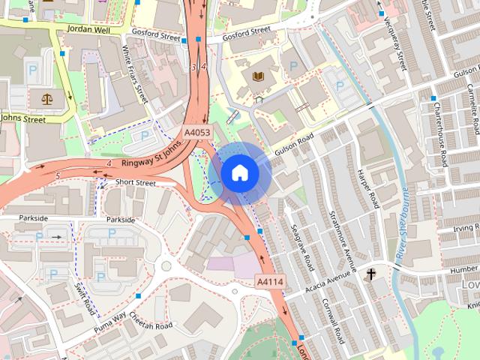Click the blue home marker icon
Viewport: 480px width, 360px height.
pos(239,172)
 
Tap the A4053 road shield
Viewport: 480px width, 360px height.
pos(199,133)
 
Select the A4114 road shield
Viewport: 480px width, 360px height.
pos(270,281)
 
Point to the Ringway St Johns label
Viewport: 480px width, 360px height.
pos(153,157)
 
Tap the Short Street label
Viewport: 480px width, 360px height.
pos(136,182)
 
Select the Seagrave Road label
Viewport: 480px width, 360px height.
pos(302,247)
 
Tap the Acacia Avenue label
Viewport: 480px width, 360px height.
pos(328,284)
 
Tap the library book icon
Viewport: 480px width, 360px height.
pos(259,76)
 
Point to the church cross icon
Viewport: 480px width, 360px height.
pos(371,275)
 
